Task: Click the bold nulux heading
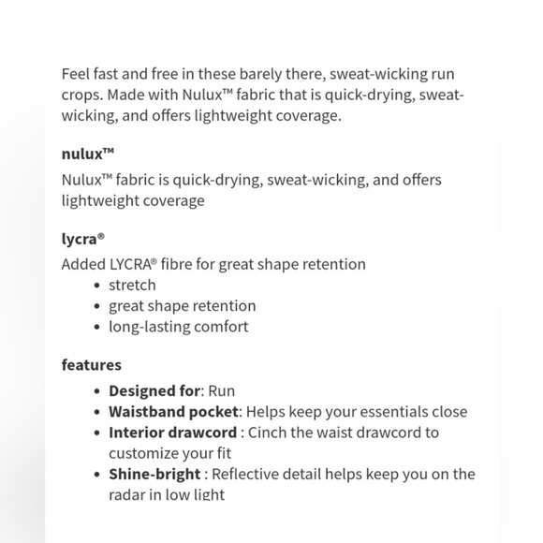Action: tap(87, 154)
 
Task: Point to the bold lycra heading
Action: tap(82, 239)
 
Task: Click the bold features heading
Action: tap(92, 364)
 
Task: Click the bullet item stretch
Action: tap(132, 285)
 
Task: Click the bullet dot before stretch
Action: tap(97, 286)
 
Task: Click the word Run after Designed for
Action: tap(222, 390)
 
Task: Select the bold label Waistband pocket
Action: tap(174, 411)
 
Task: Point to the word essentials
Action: tap(391, 411)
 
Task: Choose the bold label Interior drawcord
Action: tap(172, 433)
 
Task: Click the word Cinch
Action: tap(267, 433)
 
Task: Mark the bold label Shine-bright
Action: tap(154, 475)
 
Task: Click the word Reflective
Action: tap(250, 475)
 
